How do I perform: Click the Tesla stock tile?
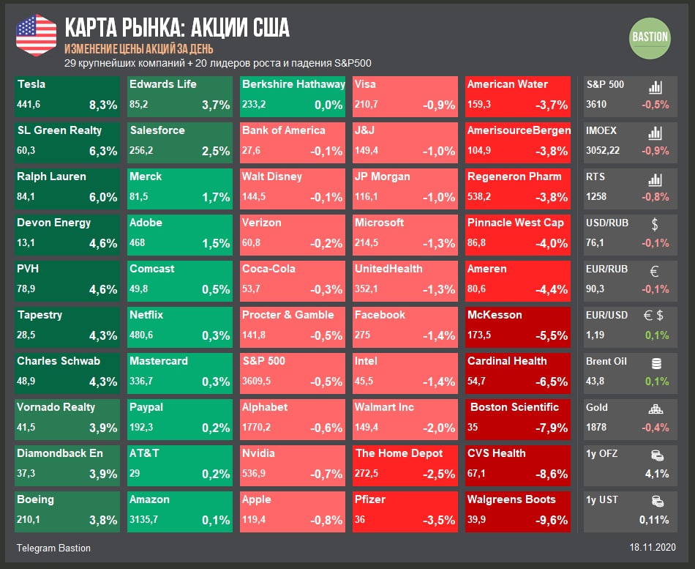(x=67, y=95)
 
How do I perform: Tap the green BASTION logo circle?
(x=649, y=37)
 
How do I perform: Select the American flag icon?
(x=36, y=34)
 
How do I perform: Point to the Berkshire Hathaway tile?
(x=293, y=95)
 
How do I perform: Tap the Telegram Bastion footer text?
(x=53, y=548)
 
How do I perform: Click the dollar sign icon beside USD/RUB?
(x=655, y=224)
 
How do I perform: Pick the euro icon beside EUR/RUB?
(x=655, y=270)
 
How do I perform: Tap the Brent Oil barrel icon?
(x=655, y=362)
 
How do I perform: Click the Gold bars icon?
(x=655, y=409)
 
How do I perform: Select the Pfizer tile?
(x=405, y=510)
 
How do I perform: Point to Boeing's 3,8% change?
(x=103, y=520)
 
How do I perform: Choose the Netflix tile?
(x=180, y=326)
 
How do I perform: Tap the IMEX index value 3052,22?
(x=603, y=150)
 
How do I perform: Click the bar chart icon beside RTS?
(x=655, y=178)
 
